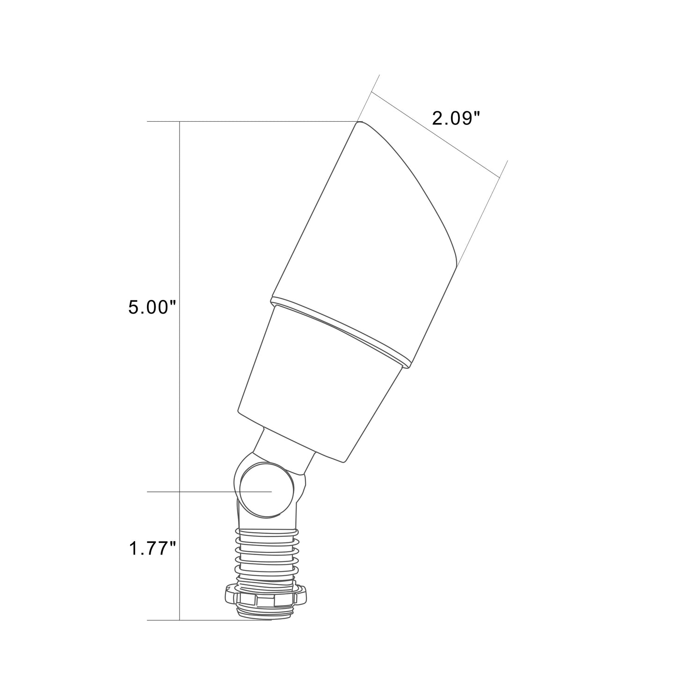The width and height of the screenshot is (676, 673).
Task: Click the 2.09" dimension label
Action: coord(455,119)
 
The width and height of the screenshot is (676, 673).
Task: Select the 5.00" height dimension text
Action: coord(152,307)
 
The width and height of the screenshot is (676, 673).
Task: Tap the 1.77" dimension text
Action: coord(152,548)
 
